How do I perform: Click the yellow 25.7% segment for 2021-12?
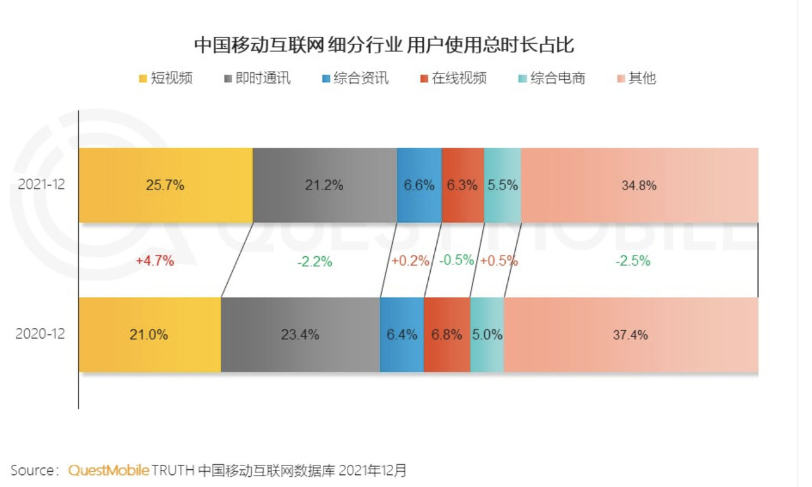point(166,185)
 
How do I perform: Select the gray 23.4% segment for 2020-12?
point(300,334)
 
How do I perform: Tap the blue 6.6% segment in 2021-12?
point(419,185)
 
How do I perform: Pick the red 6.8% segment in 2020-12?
point(447,334)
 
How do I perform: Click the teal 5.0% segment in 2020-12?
point(487,334)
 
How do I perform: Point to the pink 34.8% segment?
point(639,185)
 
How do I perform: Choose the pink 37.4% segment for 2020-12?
point(631,334)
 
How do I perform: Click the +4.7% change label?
point(155,260)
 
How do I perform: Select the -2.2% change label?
point(315,261)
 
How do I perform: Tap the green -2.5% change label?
point(632,261)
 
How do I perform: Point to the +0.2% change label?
point(410,261)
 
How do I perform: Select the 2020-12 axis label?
point(40,334)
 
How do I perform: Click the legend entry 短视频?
point(166,79)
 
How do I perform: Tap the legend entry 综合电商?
point(551,79)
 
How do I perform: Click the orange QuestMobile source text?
point(108,471)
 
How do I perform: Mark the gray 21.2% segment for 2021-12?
point(325,185)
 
